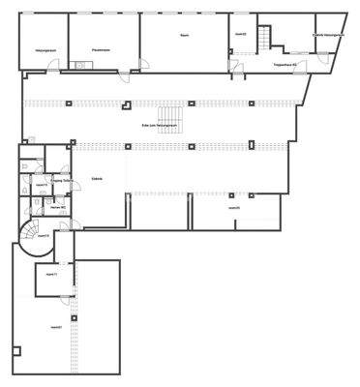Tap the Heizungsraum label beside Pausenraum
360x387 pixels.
(x=43, y=49)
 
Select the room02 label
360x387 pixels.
(x=241, y=33)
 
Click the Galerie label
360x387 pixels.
(x=97, y=179)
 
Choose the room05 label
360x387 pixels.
(x=233, y=207)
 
